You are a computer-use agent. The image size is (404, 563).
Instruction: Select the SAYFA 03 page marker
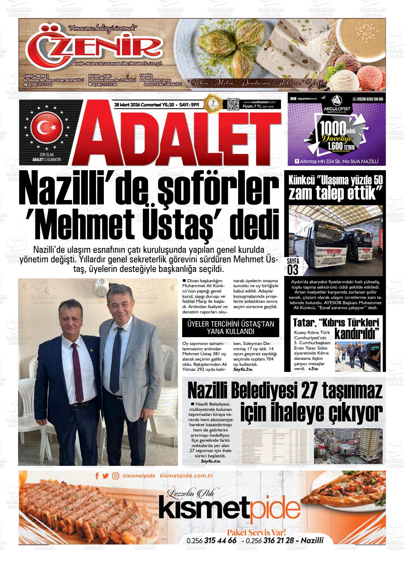(293, 266)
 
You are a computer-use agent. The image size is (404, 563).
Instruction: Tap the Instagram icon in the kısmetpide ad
(115, 476)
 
